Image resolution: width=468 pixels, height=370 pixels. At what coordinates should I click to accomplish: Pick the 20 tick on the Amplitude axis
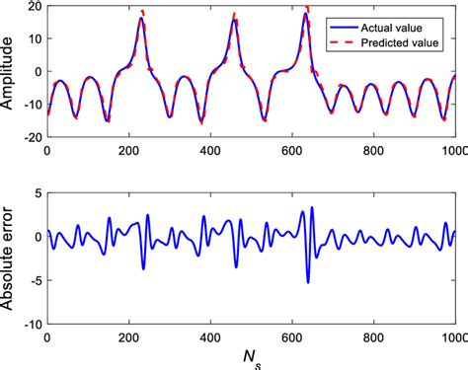pos(33,7)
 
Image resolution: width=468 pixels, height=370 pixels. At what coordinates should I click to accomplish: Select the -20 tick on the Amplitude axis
pos(31,137)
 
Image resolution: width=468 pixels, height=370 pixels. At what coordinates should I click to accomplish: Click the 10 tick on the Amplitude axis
pos(33,39)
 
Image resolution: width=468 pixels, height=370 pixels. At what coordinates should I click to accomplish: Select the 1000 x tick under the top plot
pos(454,151)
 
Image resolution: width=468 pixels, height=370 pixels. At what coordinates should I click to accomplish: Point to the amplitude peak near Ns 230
pos(141,19)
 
